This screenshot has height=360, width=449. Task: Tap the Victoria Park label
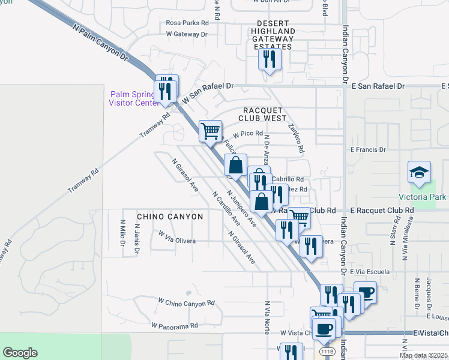click(x=422, y=197)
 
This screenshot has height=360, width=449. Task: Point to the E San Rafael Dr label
click(x=376, y=86)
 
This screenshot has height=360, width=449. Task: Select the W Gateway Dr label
click(x=187, y=34)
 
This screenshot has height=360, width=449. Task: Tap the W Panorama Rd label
click(x=175, y=326)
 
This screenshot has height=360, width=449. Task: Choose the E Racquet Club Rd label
click(x=382, y=211)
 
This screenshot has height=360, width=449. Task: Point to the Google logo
click(x=20, y=353)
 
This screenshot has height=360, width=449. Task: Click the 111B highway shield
click(x=327, y=351)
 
